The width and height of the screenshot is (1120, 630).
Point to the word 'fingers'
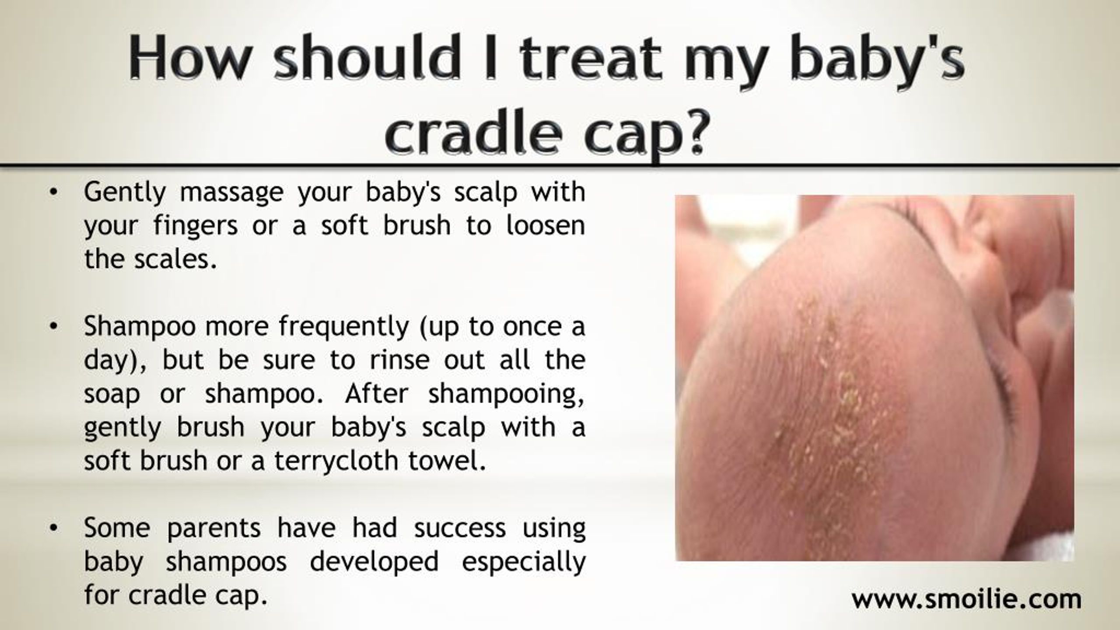pyautogui.click(x=196, y=227)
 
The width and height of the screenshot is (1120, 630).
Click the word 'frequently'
pyautogui.click(x=343, y=327)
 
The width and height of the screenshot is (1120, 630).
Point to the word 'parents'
pyautogui.click(x=214, y=528)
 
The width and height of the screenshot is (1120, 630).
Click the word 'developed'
pyautogui.click(x=374, y=562)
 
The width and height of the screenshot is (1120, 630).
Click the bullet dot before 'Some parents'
pyautogui.click(x=53, y=528)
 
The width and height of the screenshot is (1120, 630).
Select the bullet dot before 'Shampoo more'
pyautogui.click(x=53, y=326)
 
